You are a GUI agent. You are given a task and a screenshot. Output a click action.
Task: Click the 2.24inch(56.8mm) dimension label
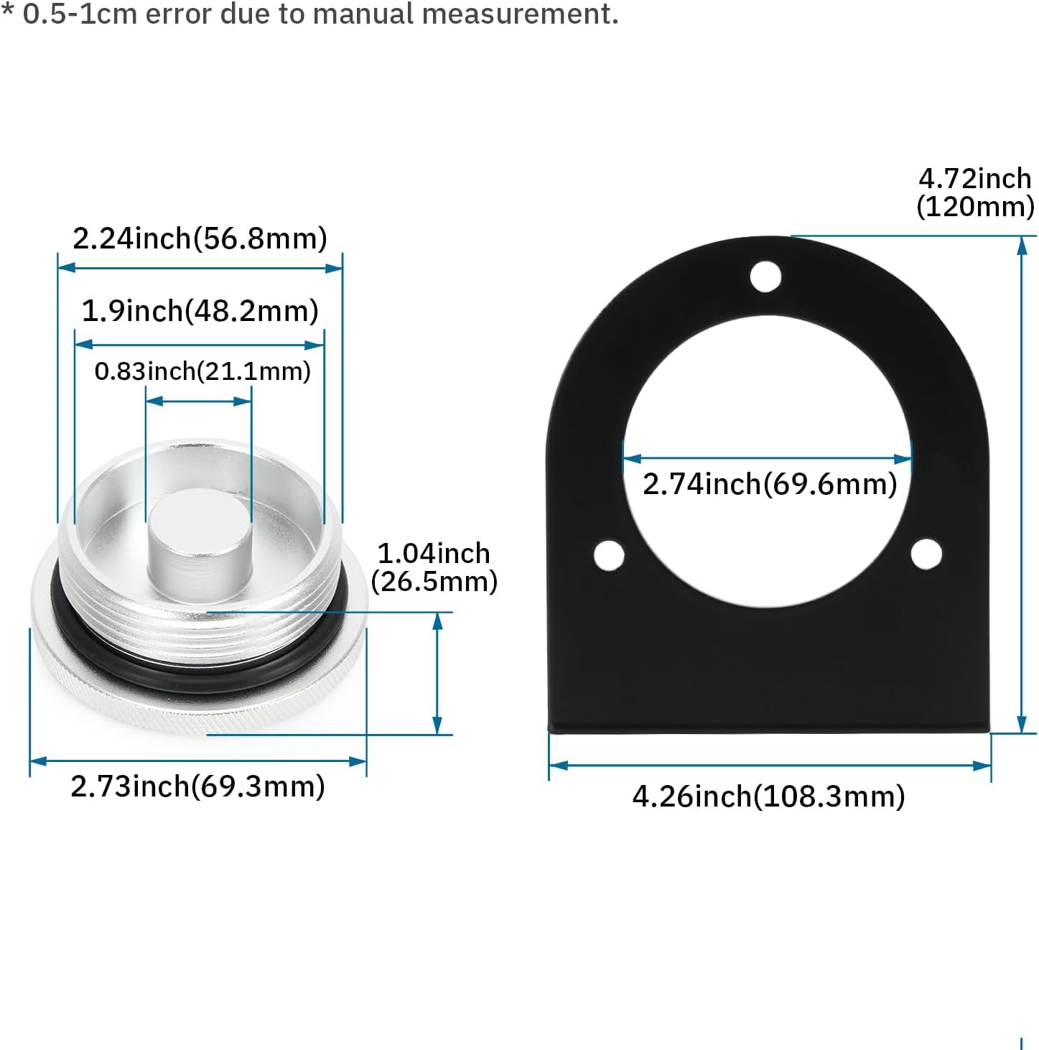coord(200,238)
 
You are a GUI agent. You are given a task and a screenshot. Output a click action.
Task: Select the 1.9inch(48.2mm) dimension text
coord(200,311)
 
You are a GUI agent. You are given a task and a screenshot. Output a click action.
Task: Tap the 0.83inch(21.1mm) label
coord(202,371)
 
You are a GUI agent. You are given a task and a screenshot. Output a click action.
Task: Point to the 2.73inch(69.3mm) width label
coord(197,786)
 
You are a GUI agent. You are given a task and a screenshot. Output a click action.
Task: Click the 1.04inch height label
coord(434,554)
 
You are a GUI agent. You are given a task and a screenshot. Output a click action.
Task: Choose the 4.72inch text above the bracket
coord(974,179)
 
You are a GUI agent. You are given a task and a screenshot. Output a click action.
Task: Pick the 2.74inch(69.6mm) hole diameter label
coord(770,484)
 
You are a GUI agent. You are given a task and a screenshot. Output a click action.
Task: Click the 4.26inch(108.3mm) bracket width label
coord(769,796)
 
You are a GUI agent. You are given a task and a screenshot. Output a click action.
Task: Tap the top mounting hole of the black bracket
coord(765,277)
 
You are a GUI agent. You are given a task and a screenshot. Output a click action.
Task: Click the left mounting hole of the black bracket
coord(609,555)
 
